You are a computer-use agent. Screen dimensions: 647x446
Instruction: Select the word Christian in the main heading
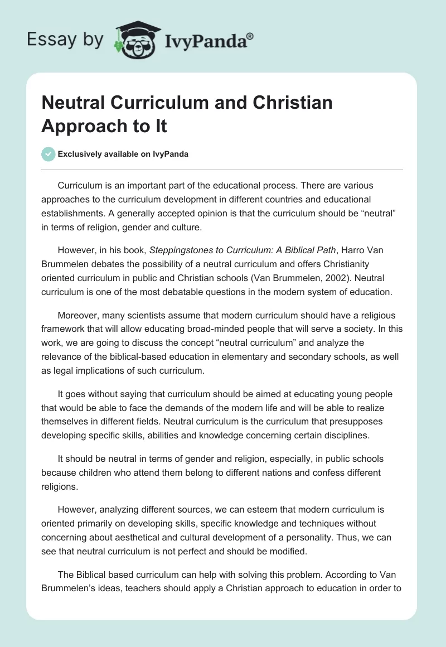[x=293, y=103]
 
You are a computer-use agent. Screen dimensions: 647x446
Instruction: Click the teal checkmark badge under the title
[x=48, y=154]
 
